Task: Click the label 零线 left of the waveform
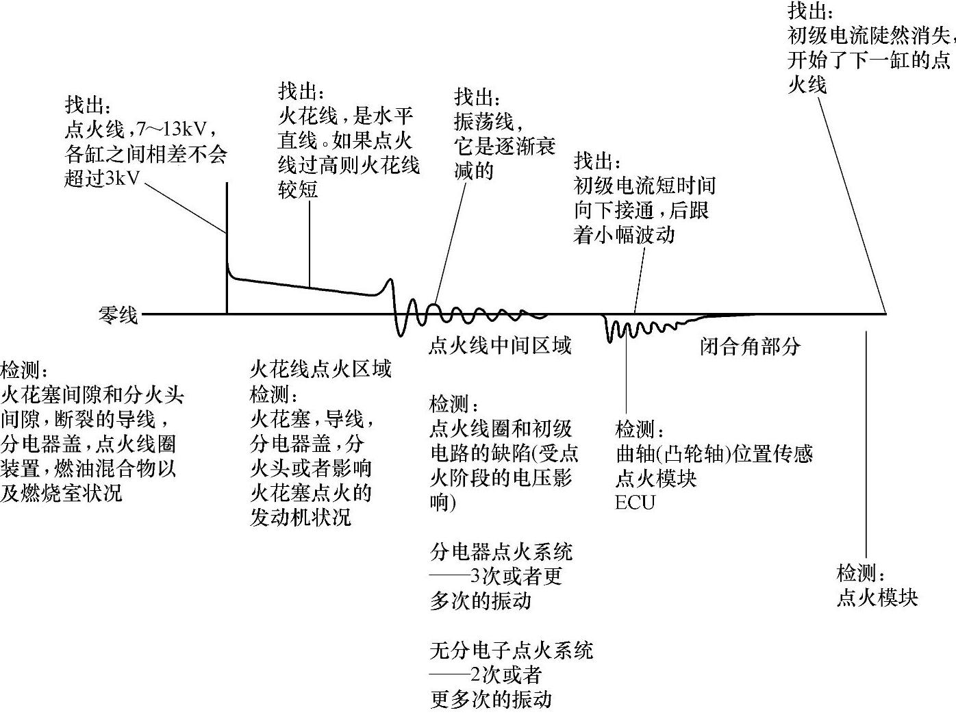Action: (118, 316)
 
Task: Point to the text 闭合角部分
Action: (750, 346)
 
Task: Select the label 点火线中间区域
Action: (500, 345)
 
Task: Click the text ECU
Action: (635, 503)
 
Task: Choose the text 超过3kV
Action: (102, 179)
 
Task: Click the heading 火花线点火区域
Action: (320, 370)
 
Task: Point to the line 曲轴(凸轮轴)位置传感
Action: (714, 453)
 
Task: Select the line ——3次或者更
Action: (496, 577)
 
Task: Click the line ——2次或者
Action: (486, 675)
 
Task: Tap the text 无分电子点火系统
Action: (511, 650)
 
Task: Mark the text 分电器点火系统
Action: (501, 552)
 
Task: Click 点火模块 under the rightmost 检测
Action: (877, 597)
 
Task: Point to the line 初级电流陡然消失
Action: (870, 35)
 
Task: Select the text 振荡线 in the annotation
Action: (483, 122)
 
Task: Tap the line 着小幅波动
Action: (624, 235)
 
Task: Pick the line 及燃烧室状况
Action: (62, 493)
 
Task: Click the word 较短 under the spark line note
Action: (298, 189)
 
